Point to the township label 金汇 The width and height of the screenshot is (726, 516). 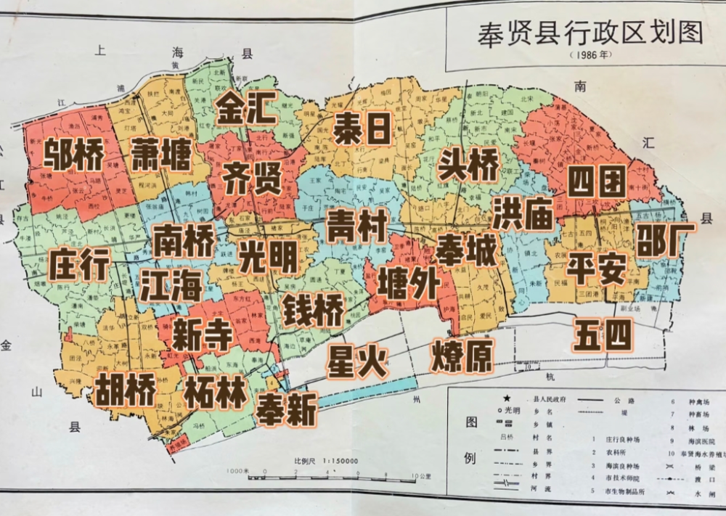[246, 109]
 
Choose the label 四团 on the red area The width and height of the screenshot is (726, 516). [596, 181]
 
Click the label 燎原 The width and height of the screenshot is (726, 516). [462, 356]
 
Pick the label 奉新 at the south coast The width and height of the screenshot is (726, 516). [286, 409]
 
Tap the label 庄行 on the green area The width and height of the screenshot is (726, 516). [79, 264]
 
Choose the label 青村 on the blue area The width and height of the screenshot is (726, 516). [356, 226]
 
